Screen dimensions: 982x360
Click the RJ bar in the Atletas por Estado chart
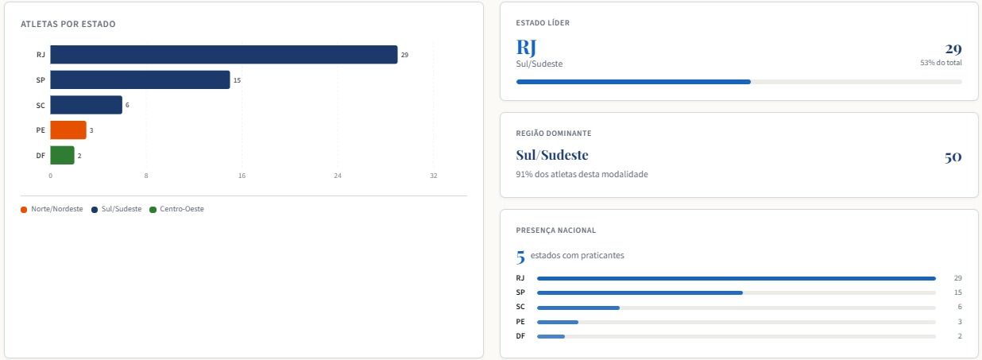tap(223, 54)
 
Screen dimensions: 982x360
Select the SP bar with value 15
tap(140, 79)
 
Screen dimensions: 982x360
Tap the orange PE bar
tap(68, 130)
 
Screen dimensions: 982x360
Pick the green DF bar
tap(62, 155)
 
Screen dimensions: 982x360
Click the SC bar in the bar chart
tap(86, 105)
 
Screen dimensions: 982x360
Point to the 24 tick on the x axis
tap(338, 176)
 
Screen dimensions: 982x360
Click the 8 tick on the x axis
tap(146, 176)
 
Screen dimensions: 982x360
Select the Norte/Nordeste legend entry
tap(52, 209)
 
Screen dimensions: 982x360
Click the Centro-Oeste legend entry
tap(176, 209)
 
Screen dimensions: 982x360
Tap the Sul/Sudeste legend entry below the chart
tap(117, 209)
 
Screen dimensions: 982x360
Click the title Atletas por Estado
tap(68, 24)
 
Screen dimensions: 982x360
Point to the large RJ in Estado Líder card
tap(526, 48)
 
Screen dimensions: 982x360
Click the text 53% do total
tap(941, 63)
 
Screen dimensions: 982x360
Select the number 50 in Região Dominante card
tap(953, 157)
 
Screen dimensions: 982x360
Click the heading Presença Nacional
tap(556, 230)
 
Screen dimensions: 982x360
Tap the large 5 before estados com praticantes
tap(520, 257)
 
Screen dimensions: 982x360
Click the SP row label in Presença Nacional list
tap(520, 292)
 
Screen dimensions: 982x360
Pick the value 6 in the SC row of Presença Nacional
tap(960, 307)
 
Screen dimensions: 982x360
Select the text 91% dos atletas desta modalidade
tap(582, 175)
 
